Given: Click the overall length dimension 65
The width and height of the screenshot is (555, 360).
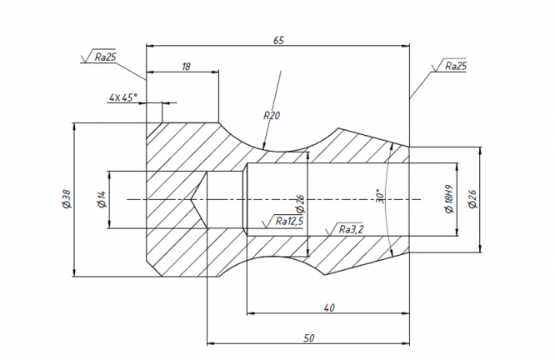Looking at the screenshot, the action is pos(278,40).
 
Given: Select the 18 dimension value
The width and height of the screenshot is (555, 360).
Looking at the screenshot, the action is pos(186,67).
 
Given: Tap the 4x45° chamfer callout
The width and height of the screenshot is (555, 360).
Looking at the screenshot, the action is pos(122,97).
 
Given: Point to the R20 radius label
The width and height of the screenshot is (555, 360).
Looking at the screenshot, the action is pos(272,115).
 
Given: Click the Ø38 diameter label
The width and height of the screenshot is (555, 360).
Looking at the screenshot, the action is pos(67,199).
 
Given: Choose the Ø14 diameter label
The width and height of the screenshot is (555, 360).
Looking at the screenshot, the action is pos(101,199).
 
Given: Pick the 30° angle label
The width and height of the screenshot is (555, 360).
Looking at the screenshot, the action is pos(380,195).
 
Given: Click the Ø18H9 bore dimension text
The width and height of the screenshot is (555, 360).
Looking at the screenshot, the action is pos(449,199).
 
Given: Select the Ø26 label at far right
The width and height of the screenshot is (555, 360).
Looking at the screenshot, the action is pos(472,199).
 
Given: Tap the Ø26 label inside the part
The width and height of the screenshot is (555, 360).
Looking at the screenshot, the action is pos(300,204).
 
